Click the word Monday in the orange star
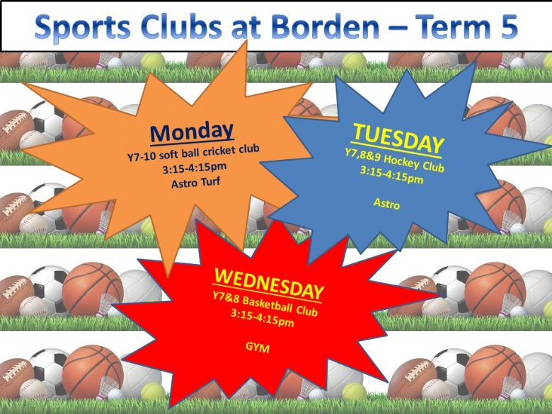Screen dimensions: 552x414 pyautogui.click(x=192, y=132)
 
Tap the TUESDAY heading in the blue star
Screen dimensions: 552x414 pyautogui.click(x=398, y=139)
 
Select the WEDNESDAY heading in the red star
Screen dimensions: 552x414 pyautogui.click(x=269, y=283)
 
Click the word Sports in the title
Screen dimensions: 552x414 pyautogui.click(x=83, y=28)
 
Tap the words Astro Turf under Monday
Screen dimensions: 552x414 pyautogui.click(x=196, y=183)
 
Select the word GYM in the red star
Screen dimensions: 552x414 pyautogui.click(x=258, y=347)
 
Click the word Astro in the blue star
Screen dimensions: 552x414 pyautogui.click(x=386, y=204)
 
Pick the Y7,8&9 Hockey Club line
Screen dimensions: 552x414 pyautogui.click(x=394, y=160)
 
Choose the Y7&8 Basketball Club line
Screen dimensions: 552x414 pyautogui.click(x=265, y=304)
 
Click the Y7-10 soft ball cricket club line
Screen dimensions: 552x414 pyautogui.click(x=193, y=152)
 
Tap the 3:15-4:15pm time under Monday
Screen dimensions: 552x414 pyautogui.click(x=195, y=168)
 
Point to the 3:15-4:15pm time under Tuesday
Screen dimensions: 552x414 pyautogui.click(x=391, y=176)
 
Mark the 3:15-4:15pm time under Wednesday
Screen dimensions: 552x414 pyautogui.click(x=263, y=318)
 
